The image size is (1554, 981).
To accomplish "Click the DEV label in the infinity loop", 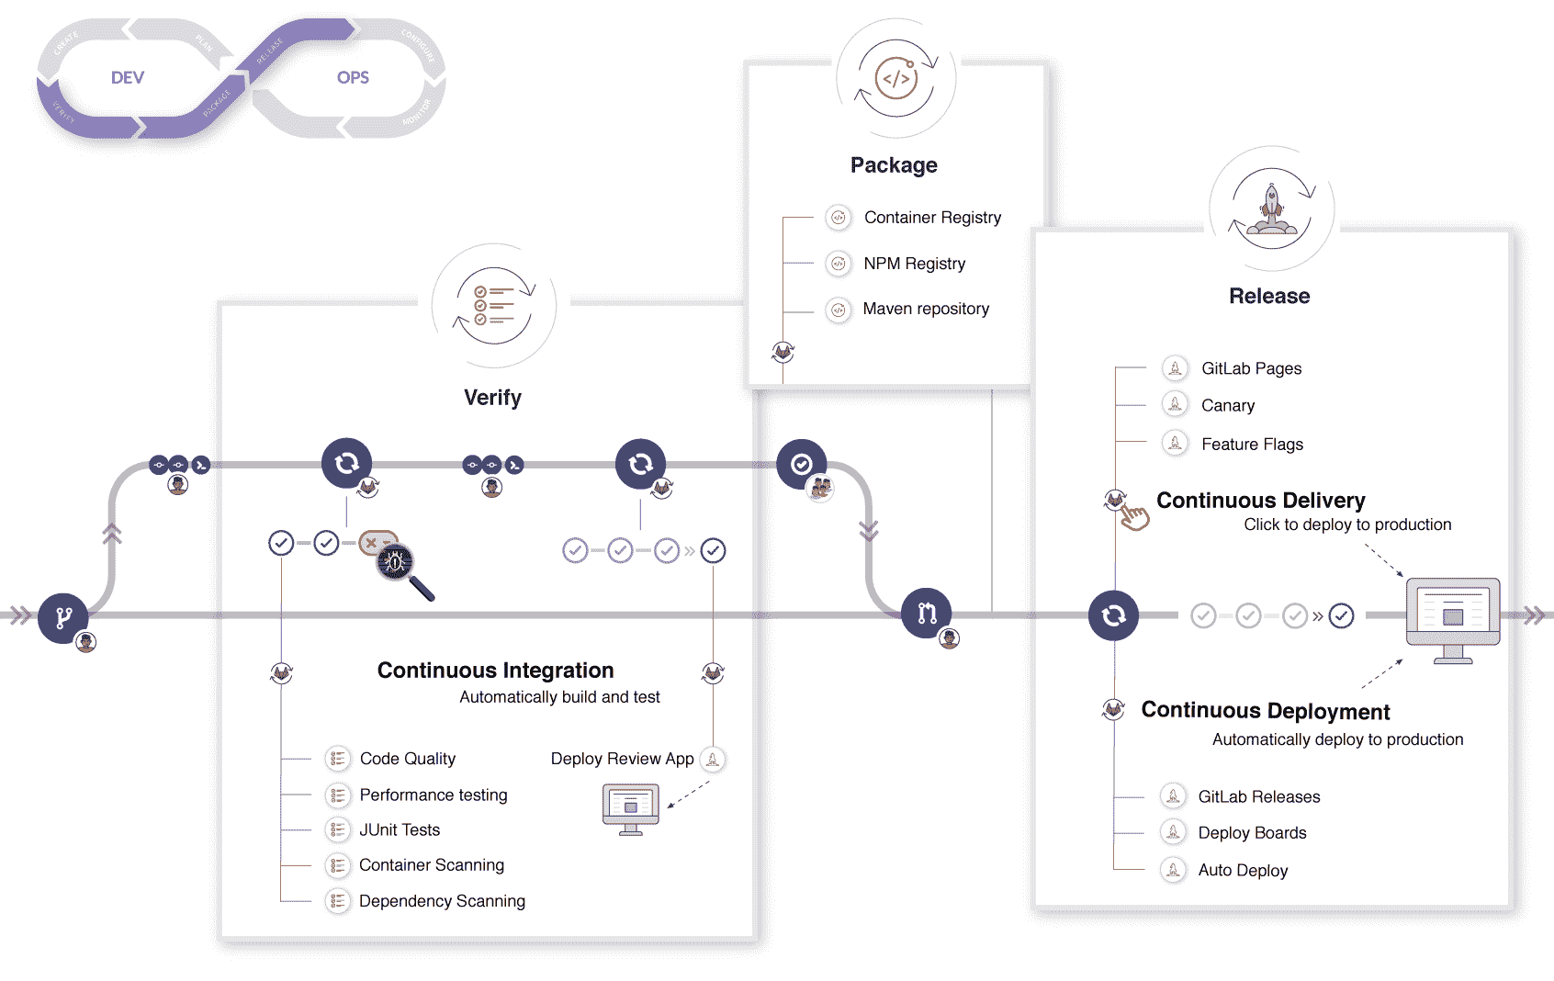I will [128, 78].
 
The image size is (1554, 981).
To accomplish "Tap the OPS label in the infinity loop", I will [353, 78].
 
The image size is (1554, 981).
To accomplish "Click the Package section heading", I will [894, 165].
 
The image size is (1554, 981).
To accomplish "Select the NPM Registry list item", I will [914, 264].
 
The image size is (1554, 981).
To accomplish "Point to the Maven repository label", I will [926, 309].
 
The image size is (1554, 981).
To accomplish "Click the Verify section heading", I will [492, 398].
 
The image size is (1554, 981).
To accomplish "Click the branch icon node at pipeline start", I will [63, 617].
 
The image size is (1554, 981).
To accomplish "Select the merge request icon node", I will [926, 613].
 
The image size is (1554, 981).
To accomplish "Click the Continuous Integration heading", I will [495, 671].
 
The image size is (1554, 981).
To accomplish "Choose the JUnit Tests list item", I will [400, 830].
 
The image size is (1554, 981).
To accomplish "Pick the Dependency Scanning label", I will [442, 901].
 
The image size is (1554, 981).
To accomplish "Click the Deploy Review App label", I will [622, 759].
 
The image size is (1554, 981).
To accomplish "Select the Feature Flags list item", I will [1252, 445].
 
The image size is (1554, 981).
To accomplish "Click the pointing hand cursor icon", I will [1135, 517].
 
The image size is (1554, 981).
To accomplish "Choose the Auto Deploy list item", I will [1243, 871].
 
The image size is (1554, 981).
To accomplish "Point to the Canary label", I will [1227, 406].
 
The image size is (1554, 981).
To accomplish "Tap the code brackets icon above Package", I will [895, 79].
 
